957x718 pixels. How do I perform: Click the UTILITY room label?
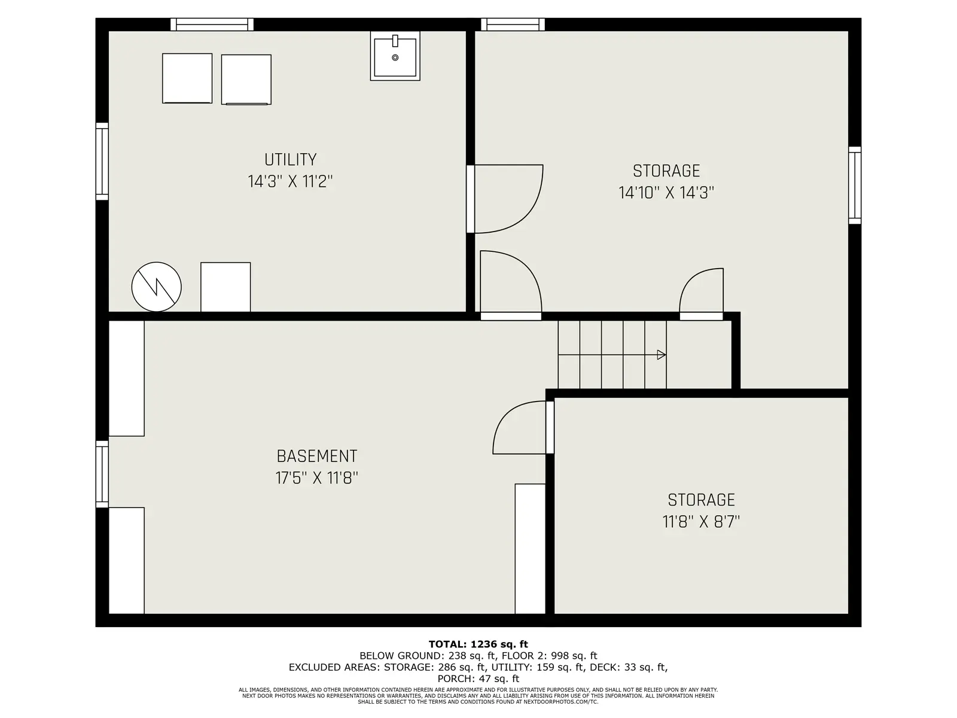coord(290,160)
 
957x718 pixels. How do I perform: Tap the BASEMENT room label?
coord(317,457)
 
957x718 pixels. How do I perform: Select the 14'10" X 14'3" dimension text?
coord(666,192)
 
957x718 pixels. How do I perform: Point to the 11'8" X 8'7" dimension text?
coord(701,521)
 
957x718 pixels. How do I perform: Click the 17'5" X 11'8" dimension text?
coord(317,478)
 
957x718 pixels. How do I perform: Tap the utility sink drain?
coord(395,57)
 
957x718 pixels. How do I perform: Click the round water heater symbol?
coord(157,287)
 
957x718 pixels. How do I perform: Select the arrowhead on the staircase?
coord(662,355)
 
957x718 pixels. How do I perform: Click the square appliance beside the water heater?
coord(225,287)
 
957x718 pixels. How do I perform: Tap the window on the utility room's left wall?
coord(102,162)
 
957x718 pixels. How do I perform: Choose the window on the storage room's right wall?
coord(855,185)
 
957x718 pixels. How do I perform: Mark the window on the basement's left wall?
coord(102,474)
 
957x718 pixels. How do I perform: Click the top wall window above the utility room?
coord(212,25)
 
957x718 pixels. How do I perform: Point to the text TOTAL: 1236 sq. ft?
coord(478,644)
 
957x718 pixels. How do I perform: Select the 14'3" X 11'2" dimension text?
coord(290,181)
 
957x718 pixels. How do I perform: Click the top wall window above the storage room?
coord(513,25)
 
